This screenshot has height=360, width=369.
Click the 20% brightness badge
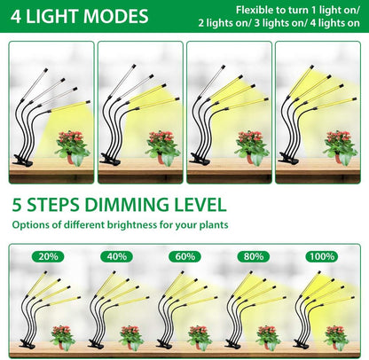tap(50, 256)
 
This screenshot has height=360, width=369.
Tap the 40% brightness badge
tap(117, 256)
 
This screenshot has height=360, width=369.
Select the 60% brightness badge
tap(184, 256)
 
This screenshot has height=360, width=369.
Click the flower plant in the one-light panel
tap(72, 143)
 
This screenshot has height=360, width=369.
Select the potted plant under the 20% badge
tap(62, 336)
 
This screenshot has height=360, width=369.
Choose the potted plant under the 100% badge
tap(334, 336)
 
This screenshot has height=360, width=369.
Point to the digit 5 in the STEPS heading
tap(19, 203)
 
